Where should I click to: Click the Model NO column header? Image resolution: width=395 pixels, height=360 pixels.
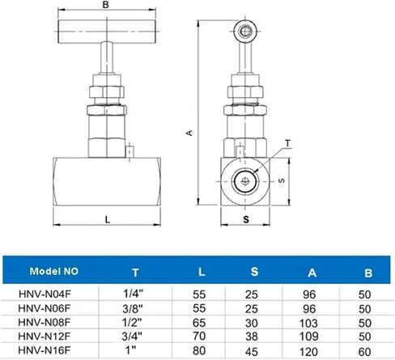pos(54,271)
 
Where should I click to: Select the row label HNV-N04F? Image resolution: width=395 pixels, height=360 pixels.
pos(45,294)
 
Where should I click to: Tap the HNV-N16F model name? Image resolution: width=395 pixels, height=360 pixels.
pos(45,350)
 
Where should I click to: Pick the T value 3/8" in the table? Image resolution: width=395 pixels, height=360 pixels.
pos(132,308)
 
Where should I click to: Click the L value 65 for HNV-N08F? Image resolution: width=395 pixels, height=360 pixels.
pos(199,323)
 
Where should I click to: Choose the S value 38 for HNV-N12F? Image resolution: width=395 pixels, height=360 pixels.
pos(252,337)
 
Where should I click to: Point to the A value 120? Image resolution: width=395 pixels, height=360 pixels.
pos(308,352)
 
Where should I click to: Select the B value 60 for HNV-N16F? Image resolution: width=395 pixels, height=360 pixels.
pos(365,352)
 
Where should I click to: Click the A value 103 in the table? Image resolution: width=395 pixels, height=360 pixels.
pos(308,323)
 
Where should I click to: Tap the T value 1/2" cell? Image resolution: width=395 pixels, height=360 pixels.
pos(132,322)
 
